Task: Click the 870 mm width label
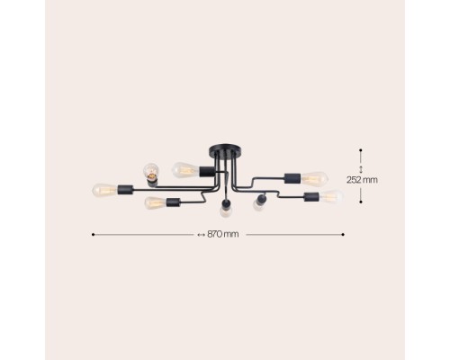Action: coord(223,234)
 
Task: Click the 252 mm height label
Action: coord(362,180)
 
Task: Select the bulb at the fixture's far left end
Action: coord(104,190)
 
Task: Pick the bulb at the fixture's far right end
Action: coord(331,196)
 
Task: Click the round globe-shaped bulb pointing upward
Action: coord(151,170)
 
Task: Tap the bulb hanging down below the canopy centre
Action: coord(226,211)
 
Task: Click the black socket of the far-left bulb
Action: coord(125,190)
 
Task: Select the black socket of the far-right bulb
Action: coord(311,197)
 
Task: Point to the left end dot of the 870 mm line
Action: coord(93,235)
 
